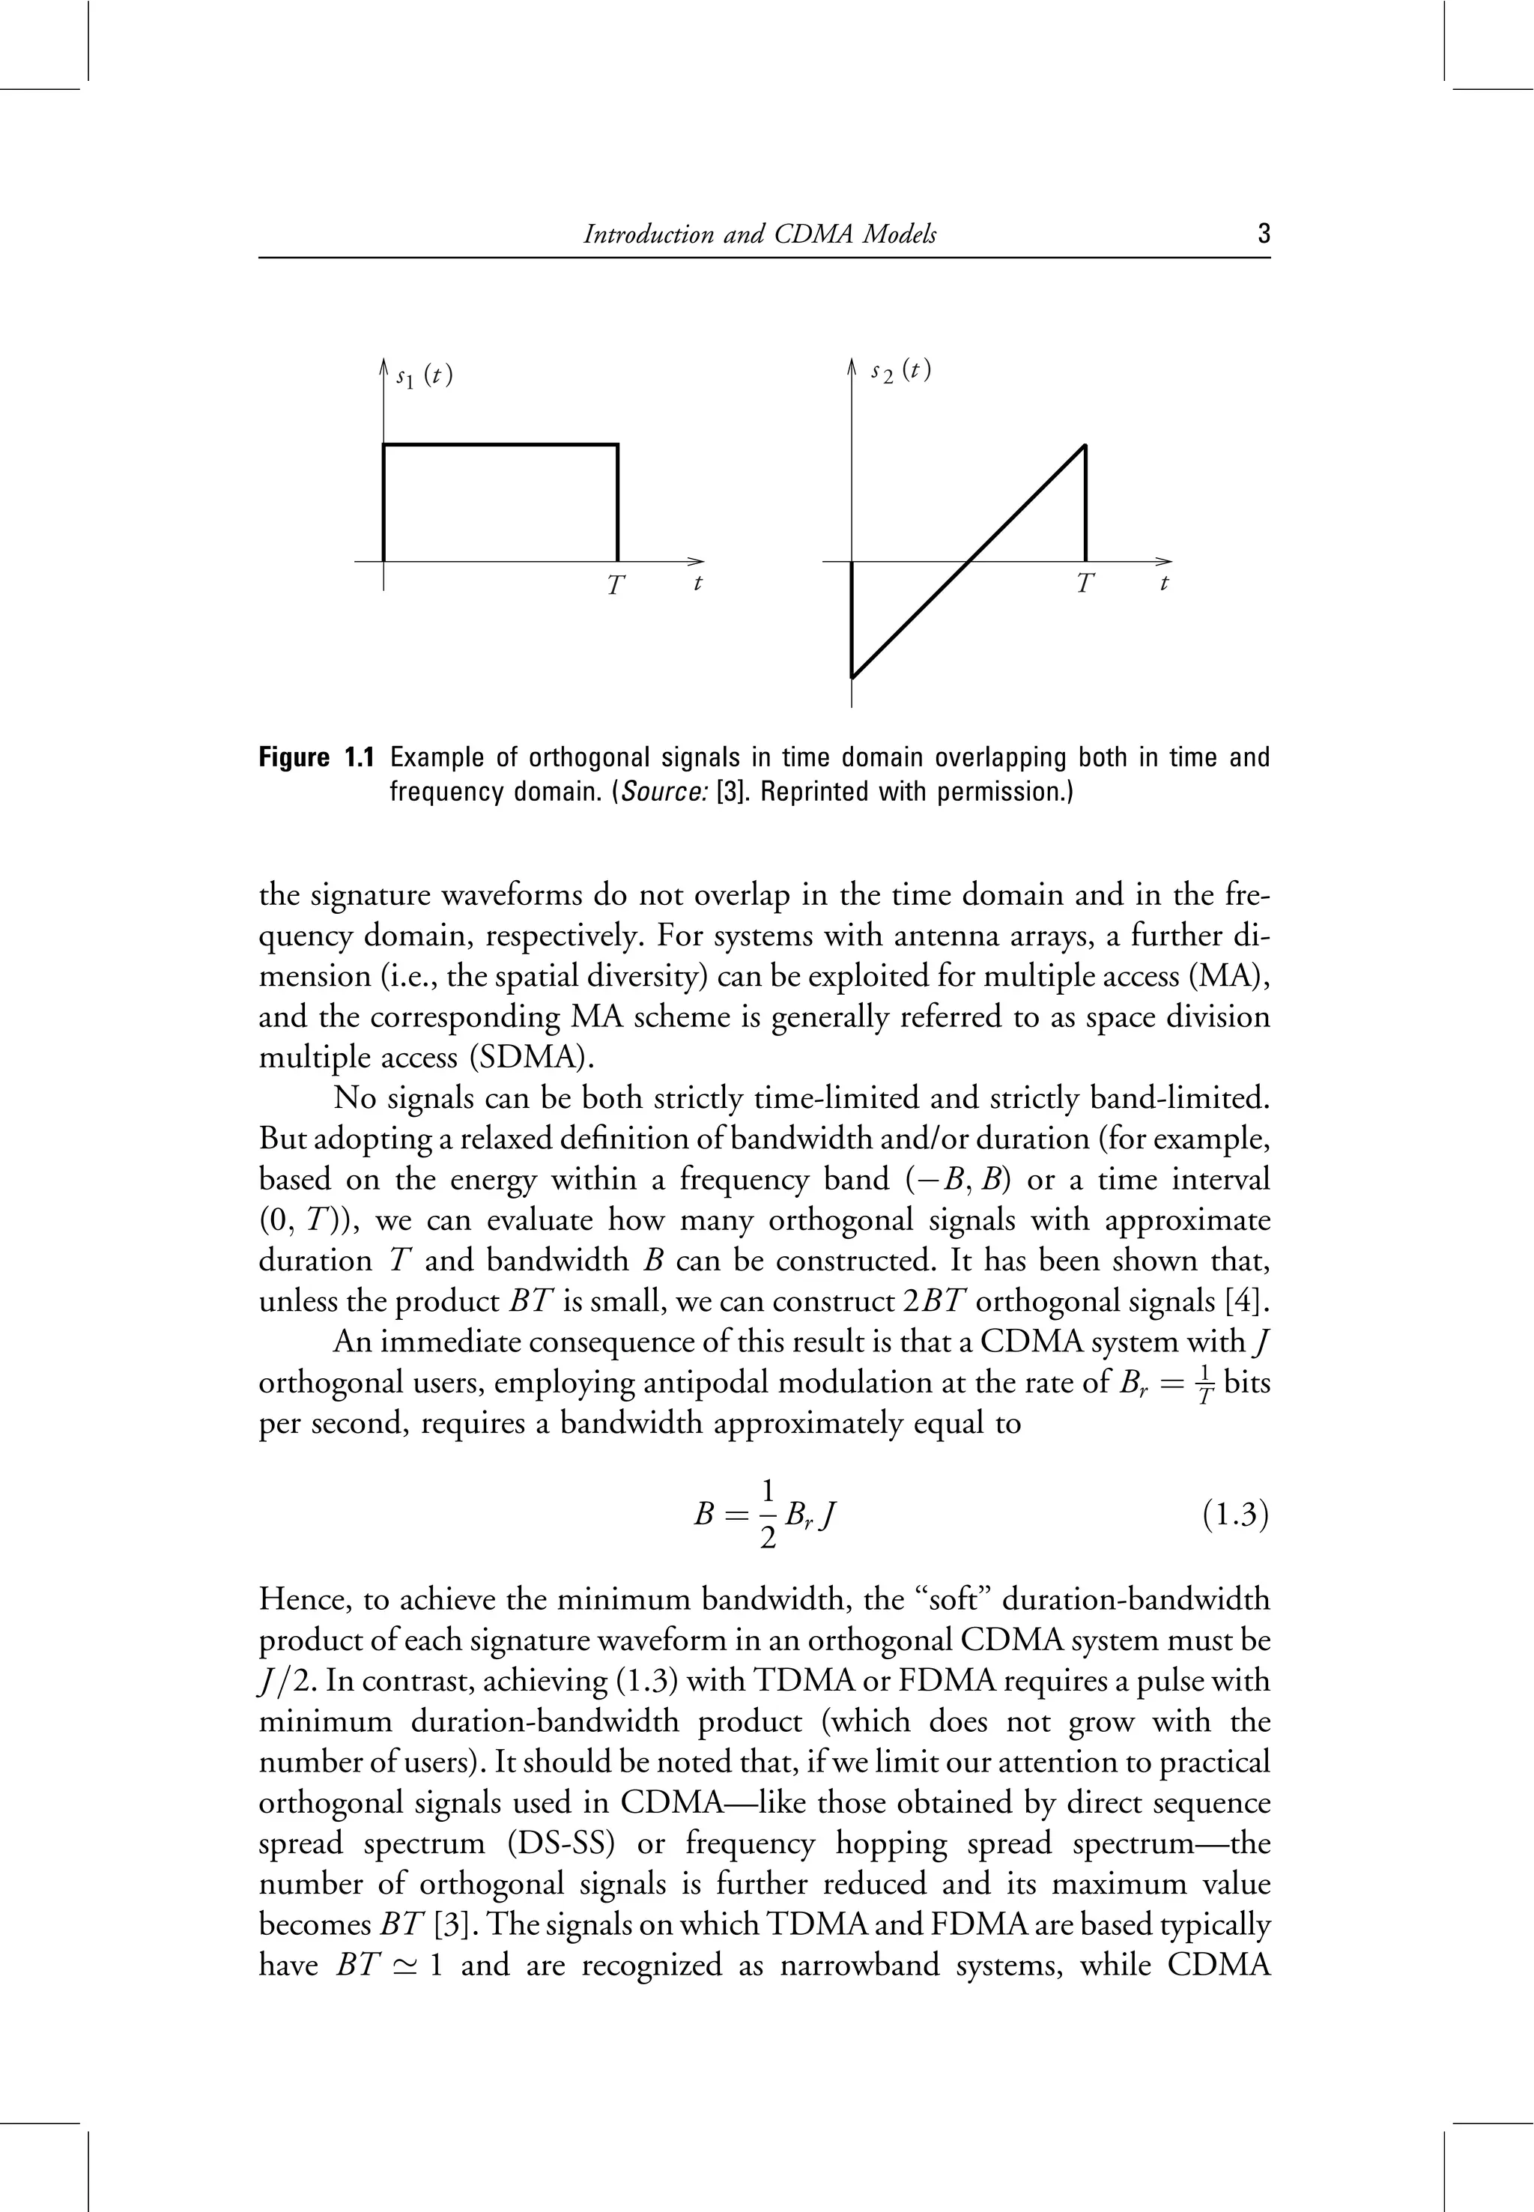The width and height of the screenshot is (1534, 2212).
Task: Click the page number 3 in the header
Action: [1263, 234]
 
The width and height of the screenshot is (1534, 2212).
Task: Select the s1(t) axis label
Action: [423, 375]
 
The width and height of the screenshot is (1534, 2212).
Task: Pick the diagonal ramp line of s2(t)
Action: [968, 560]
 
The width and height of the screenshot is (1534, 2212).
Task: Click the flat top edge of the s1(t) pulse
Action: [500, 445]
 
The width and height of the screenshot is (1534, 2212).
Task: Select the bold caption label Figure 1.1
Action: [315, 759]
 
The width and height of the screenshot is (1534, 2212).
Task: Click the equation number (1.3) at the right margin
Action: [1236, 1516]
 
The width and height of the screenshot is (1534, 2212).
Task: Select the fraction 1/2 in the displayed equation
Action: [767, 1516]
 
